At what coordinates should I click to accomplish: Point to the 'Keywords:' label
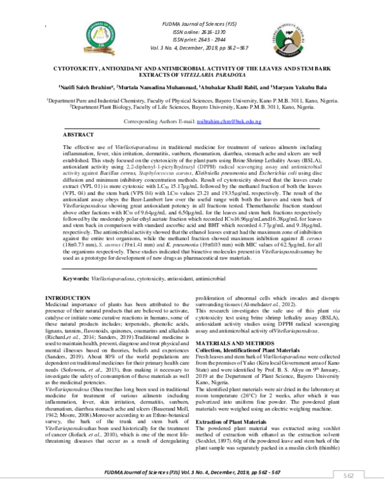(x=78, y=279)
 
